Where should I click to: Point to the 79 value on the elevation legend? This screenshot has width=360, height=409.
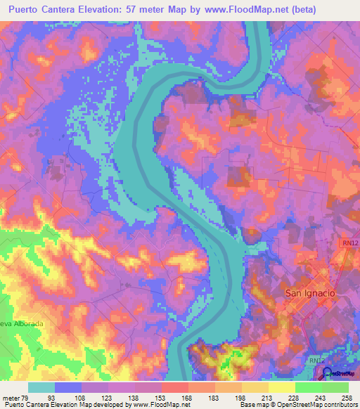coord(28,397)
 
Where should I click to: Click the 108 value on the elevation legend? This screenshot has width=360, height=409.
coord(82,397)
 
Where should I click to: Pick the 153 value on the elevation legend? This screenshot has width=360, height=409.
coord(161,397)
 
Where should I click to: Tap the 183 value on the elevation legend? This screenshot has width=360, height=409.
coord(214,397)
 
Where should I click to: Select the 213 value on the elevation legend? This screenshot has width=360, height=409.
coord(268,397)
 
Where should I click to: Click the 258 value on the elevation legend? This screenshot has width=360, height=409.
coord(347,397)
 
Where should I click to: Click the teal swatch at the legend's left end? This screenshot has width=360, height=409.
coord(41,387)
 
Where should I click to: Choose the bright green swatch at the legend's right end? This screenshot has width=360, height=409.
coord(335,387)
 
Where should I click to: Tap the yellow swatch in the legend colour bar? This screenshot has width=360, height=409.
coord(281,387)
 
